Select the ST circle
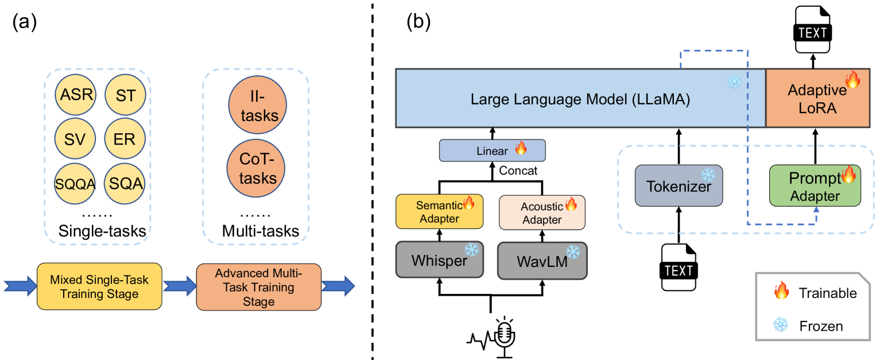click(125, 94)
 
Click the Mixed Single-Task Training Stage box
click(99, 287)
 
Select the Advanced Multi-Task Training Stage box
click(258, 287)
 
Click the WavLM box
click(542, 260)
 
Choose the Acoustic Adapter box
click(542, 211)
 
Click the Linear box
click(492, 150)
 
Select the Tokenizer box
click(679, 185)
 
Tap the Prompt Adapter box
click(815, 185)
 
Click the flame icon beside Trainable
click(781, 293)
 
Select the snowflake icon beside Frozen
click(781, 326)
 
